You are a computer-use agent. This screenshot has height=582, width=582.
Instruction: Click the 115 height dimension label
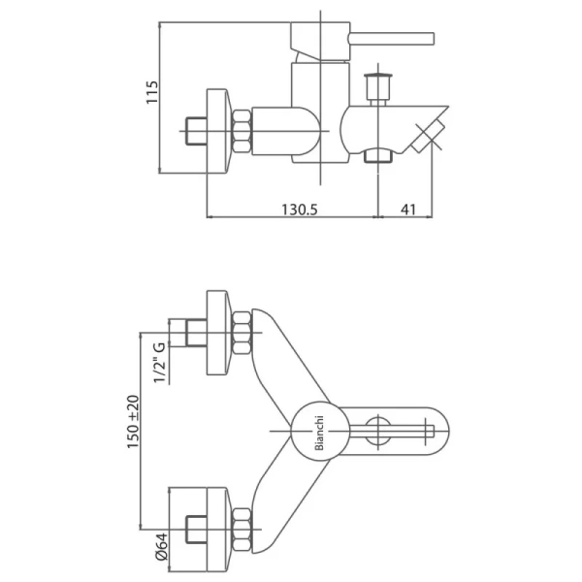coord(152,92)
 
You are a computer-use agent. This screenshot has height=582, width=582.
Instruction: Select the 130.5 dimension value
coord(300,210)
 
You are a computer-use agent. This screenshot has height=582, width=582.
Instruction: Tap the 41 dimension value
coord(408,210)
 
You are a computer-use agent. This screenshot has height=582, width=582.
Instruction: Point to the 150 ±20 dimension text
coord(133,422)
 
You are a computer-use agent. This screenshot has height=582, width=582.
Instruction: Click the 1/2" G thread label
coord(159,363)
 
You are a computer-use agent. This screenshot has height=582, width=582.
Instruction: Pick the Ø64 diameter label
coord(162,546)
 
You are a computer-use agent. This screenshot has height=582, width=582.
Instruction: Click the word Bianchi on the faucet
coord(319,433)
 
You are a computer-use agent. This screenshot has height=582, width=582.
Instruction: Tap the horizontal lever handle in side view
coord(391,39)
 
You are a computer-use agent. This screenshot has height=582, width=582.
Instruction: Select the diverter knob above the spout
coord(378,87)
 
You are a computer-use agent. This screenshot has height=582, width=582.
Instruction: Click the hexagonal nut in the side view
coord(242,131)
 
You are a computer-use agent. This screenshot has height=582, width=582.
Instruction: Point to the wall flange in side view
coord(219,131)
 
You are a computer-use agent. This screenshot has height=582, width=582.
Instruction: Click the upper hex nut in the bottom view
coord(242,333)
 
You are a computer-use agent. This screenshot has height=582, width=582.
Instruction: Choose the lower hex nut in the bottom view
coord(242,530)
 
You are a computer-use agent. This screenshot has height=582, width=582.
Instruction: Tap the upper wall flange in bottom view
coord(219,333)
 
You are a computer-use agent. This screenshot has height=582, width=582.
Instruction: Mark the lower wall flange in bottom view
coord(219,530)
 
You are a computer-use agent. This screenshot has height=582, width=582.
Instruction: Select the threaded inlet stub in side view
coord(196,131)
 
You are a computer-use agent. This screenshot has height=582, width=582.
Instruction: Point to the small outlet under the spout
coord(378,155)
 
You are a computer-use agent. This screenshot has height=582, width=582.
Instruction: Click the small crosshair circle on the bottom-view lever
coord(378,431)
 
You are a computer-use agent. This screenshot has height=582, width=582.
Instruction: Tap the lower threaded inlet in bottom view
coord(196,530)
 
